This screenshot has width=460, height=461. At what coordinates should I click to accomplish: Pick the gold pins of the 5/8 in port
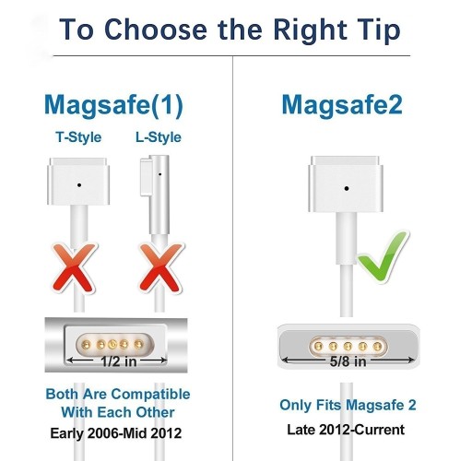344,340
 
